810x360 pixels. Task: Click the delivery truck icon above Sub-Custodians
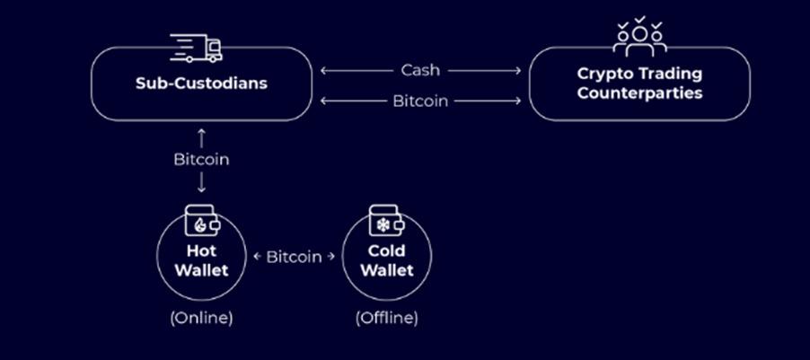[x=196, y=48]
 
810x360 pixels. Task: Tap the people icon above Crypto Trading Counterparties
[x=639, y=39]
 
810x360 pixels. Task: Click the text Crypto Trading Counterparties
[x=639, y=83]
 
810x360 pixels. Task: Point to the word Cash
[x=420, y=69]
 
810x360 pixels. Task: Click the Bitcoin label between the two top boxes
[x=420, y=101]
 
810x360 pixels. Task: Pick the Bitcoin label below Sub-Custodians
[x=201, y=160]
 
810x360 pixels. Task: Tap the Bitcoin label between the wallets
[x=294, y=257]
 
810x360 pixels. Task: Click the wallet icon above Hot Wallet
[x=201, y=221]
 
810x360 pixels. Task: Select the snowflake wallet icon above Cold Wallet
[x=387, y=221]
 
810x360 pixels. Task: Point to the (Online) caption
[x=202, y=317]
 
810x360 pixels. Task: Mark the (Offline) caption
[x=387, y=317]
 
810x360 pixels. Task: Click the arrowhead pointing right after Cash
[x=518, y=69]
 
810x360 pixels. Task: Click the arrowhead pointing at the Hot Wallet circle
[x=257, y=257]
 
